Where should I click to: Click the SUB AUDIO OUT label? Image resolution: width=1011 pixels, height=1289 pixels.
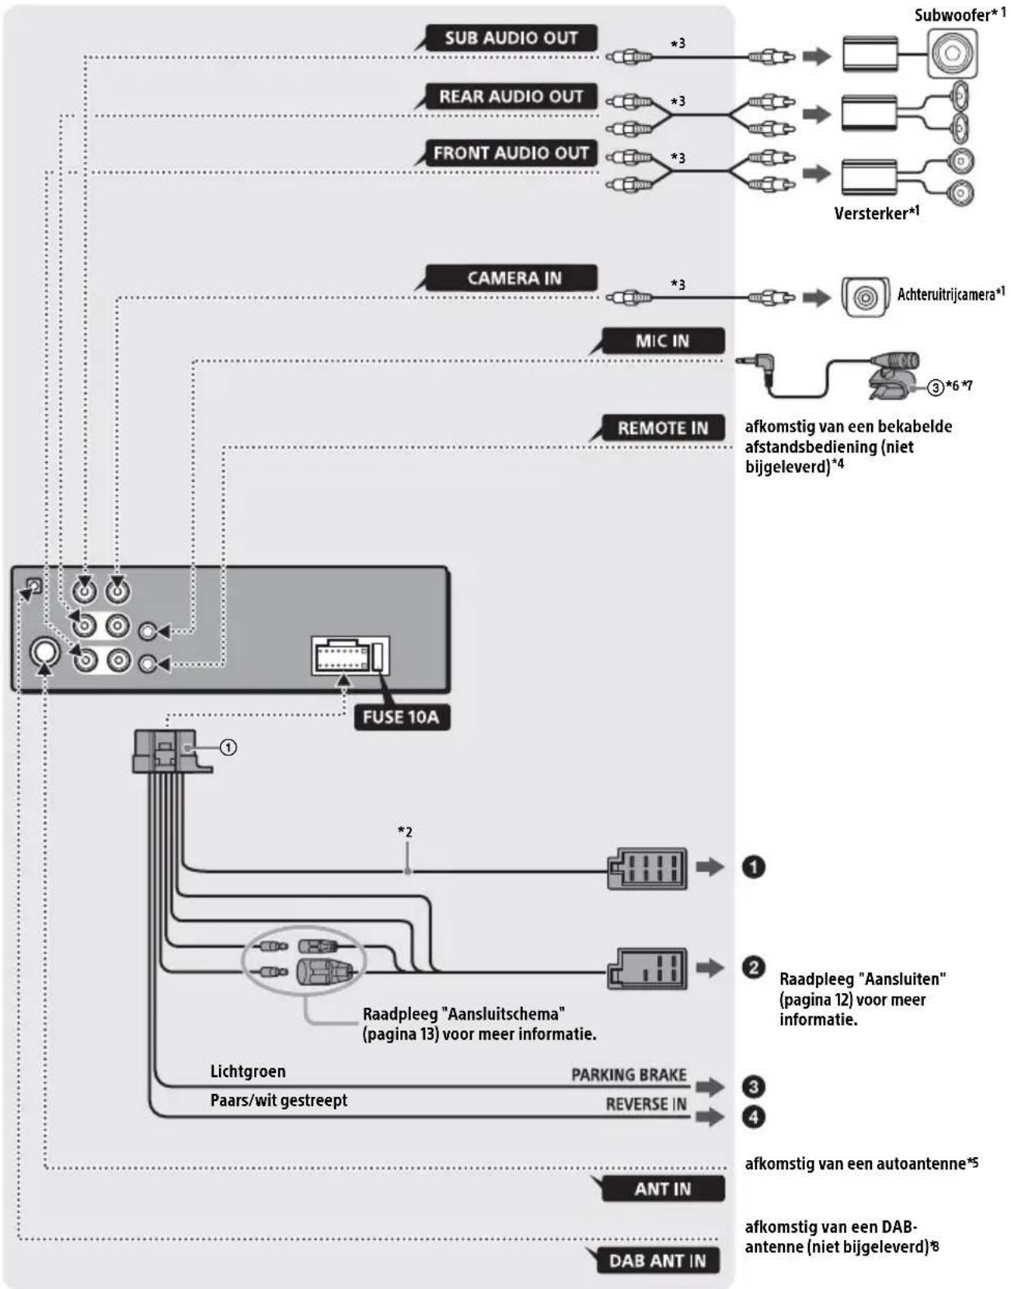pyautogui.click(x=511, y=38)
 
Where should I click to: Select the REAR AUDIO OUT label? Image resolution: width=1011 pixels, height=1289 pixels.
pyautogui.click(x=511, y=96)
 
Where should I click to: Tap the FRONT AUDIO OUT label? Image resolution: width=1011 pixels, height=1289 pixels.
pyautogui.click(x=511, y=153)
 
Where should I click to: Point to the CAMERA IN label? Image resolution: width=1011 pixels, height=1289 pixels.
pyautogui.click(x=514, y=277)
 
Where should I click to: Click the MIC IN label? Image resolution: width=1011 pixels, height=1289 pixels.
pyautogui.click(x=663, y=341)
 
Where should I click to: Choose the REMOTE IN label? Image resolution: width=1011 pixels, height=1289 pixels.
pyautogui.click(x=663, y=427)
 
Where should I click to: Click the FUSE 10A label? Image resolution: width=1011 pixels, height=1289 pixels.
pyautogui.click(x=401, y=717)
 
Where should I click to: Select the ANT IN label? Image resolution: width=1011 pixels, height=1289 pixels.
pyautogui.click(x=663, y=1189)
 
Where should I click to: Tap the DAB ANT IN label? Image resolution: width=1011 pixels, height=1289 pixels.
pyautogui.click(x=657, y=1260)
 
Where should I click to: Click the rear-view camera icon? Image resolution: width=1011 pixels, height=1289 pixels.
pyautogui.click(x=865, y=297)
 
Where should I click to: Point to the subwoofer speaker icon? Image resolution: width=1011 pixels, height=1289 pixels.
pyautogui.click(x=952, y=54)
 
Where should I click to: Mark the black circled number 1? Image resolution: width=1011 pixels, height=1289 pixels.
pyautogui.click(x=754, y=866)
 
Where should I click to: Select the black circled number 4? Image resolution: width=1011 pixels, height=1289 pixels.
pyautogui.click(x=754, y=1117)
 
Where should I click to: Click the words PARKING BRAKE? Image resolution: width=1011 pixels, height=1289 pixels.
pyautogui.click(x=629, y=1075)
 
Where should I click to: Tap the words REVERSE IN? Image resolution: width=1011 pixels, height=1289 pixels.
pyautogui.click(x=646, y=1104)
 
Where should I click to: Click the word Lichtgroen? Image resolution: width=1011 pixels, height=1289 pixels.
pyautogui.click(x=248, y=1071)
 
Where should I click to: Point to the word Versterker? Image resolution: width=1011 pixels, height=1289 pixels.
pyautogui.click(x=871, y=213)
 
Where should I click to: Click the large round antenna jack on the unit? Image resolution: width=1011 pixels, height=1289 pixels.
pyautogui.click(x=45, y=652)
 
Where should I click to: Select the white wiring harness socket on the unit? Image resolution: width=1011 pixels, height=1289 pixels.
pyautogui.click(x=350, y=656)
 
